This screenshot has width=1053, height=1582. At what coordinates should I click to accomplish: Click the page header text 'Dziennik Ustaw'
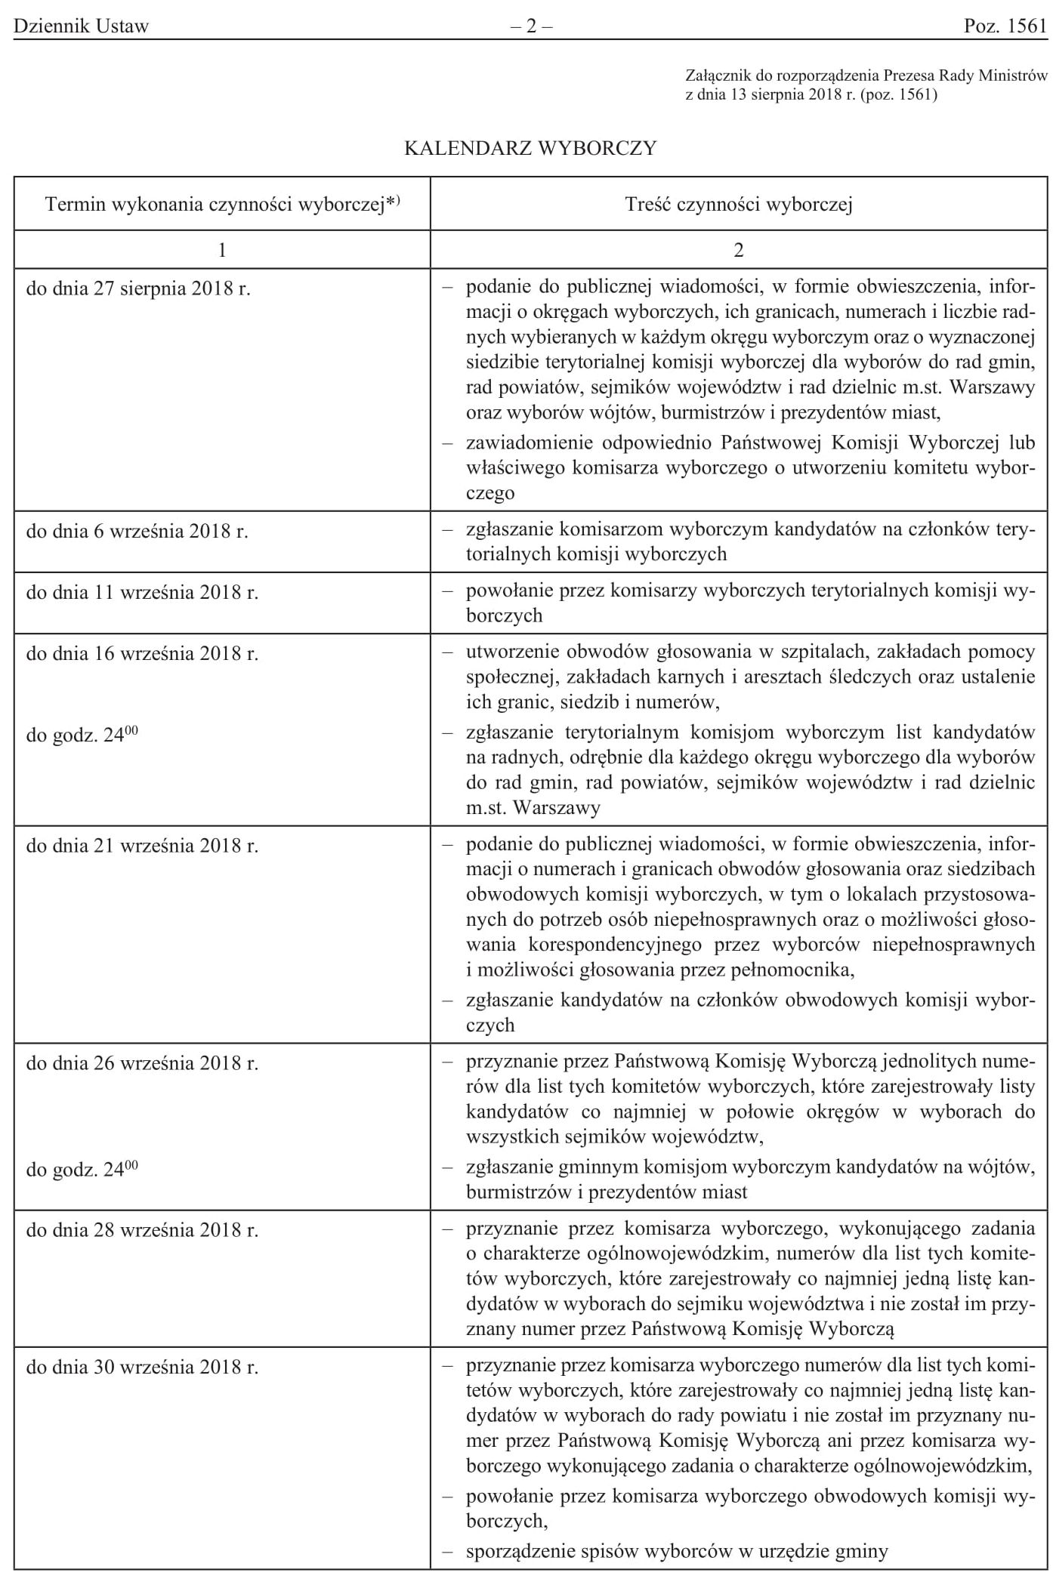pyautogui.click(x=81, y=26)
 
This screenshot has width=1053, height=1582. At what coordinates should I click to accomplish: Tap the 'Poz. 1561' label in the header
pyautogui.click(x=1005, y=26)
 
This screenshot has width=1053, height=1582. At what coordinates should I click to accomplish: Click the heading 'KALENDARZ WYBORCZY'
pyautogui.click(x=531, y=148)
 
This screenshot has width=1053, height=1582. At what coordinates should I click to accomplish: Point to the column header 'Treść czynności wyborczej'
pyautogui.click(x=739, y=204)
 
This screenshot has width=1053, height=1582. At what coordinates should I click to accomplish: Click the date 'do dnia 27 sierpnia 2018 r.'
pyautogui.click(x=138, y=288)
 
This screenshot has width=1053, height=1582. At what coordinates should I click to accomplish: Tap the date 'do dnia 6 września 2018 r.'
pyautogui.click(x=137, y=531)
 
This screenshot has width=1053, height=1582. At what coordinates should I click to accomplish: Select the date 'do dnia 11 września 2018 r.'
pyautogui.click(x=142, y=592)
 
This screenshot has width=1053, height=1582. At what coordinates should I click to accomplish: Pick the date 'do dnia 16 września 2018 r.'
pyautogui.click(x=142, y=653)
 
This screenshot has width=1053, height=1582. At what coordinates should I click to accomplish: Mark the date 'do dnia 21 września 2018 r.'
pyautogui.click(x=142, y=846)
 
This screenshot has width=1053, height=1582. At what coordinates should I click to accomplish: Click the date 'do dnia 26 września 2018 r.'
pyautogui.click(x=142, y=1063)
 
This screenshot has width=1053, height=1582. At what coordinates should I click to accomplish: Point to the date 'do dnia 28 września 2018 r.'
pyautogui.click(x=142, y=1230)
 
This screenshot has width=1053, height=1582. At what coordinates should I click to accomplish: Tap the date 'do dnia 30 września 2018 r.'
pyautogui.click(x=142, y=1367)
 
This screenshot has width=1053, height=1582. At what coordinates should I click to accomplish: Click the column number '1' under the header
pyautogui.click(x=222, y=250)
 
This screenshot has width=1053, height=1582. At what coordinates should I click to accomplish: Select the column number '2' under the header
pyautogui.click(x=739, y=250)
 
